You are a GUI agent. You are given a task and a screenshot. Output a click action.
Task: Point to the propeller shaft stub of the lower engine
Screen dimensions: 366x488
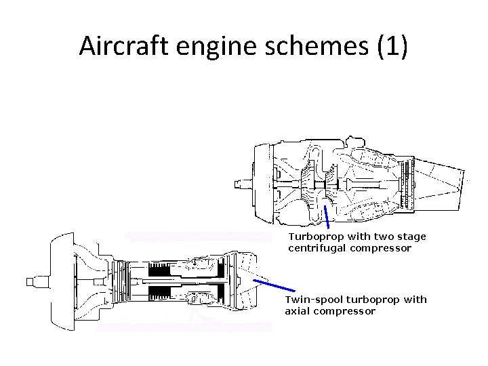[x=35, y=281]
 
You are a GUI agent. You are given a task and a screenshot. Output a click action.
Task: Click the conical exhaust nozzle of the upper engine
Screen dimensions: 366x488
[x=441, y=180]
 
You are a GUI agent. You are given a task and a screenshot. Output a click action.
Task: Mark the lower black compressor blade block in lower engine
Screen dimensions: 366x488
[x=161, y=291]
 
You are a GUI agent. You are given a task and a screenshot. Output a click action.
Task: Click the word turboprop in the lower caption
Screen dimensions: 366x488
[x=371, y=300]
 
